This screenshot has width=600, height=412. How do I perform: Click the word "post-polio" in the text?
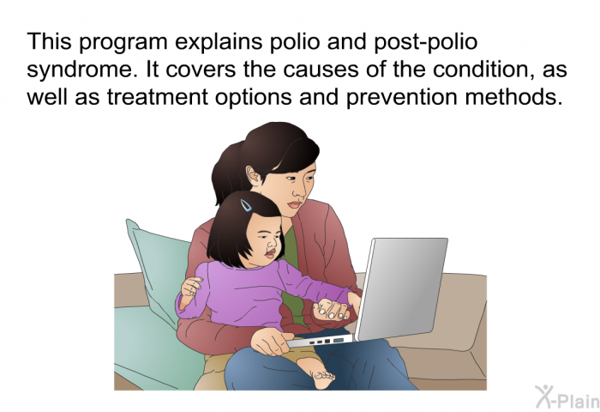pos(425,42)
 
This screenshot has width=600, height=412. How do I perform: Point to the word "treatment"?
pos(157,97)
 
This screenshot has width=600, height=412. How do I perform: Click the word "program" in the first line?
pos(123,43)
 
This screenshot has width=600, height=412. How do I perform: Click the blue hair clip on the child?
pos(246,205)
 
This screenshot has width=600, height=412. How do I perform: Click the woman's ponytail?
pos(226,173)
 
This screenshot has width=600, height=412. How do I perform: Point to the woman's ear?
pos(254,176)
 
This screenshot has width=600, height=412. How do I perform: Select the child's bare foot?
pos(319,373)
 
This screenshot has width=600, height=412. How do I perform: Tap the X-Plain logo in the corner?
pos(567,397)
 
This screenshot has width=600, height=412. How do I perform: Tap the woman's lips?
pos(295,205)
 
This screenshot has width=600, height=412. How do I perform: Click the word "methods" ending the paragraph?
pos(513,97)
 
